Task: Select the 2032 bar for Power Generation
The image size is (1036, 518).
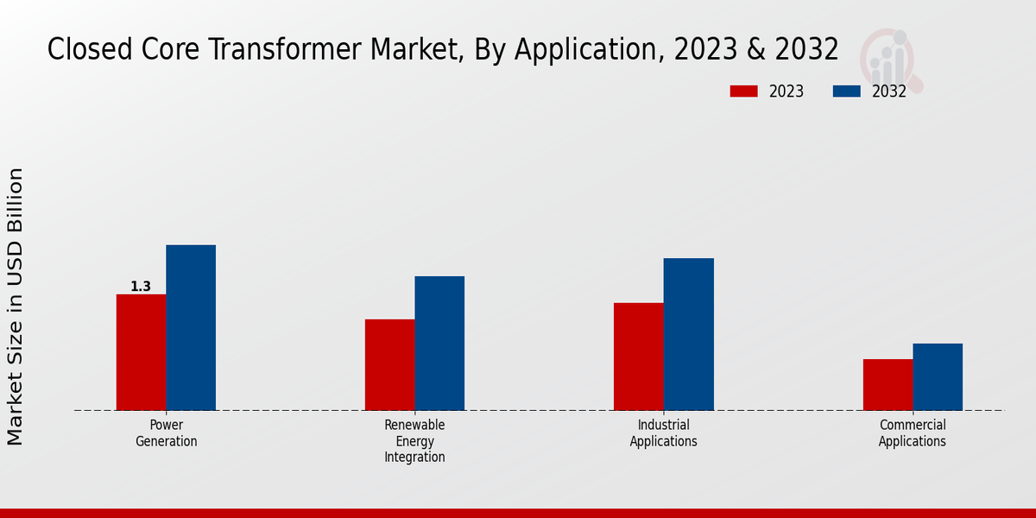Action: [x=191, y=328]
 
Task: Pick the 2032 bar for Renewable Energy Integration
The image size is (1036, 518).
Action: [x=439, y=344]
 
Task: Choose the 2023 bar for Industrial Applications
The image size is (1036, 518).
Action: [x=639, y=357]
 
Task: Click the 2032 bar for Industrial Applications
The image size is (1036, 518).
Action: [x=689, y=334]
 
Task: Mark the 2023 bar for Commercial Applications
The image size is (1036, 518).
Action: [x=888, y=384]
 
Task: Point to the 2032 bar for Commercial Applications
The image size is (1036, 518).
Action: [x=938, y=376]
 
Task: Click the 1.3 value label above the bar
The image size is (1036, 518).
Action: [x=141, y=287]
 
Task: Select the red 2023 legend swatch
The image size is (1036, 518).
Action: [x=743, y=92]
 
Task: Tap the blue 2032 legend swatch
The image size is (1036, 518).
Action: [x=847, y=92]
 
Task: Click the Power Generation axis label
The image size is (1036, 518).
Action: [x=167, y=433]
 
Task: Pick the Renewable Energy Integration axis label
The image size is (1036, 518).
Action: [x=415, y=441]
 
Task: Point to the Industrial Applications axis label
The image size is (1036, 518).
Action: [x=664, y=433]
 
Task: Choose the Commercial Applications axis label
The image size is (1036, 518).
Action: [x=913, y=433]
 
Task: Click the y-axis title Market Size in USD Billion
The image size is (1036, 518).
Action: [x=16, y=306]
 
